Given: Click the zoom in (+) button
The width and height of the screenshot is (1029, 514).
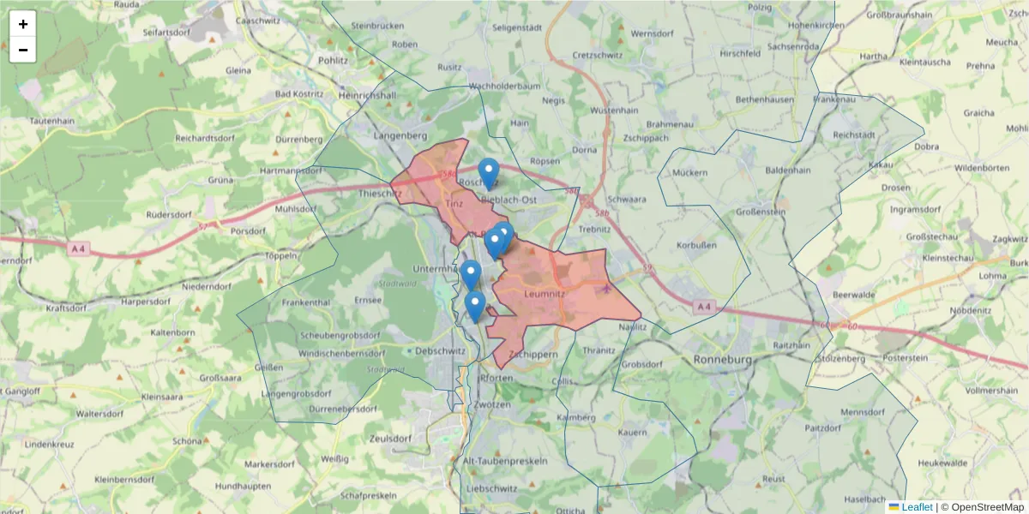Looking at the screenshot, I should point(23,24).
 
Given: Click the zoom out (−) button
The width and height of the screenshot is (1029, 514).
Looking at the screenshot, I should point(23,50).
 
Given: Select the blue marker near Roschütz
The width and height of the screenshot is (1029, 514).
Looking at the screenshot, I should point(489,172).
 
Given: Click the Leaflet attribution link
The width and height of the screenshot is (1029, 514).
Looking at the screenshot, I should point(916,507).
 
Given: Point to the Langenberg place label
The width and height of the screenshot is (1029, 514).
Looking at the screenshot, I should point(401,135).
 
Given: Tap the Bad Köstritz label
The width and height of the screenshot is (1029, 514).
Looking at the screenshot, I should point(298,93).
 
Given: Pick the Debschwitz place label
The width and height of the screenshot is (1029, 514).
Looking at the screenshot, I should point(438,350).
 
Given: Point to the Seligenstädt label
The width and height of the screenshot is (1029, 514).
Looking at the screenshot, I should point(518,27).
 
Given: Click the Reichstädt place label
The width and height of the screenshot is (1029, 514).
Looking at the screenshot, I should point(853,135).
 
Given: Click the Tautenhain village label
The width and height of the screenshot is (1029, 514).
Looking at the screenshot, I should point(52,121).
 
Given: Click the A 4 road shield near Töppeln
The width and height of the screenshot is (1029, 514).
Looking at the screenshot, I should point(78,248).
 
